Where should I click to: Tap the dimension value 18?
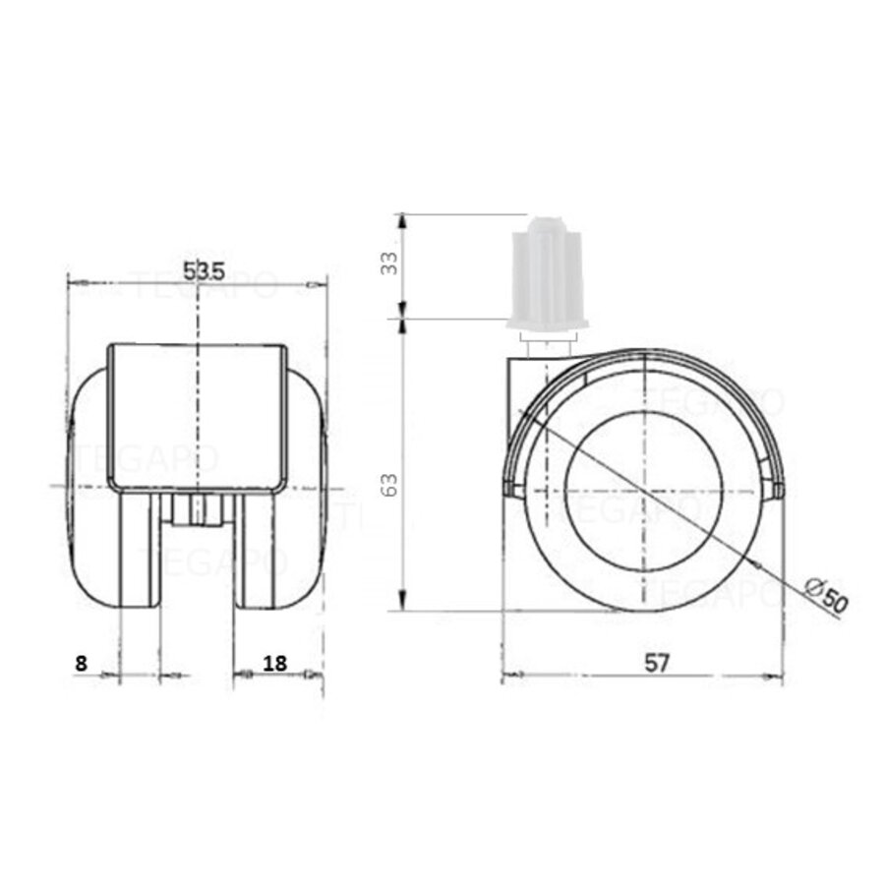275,663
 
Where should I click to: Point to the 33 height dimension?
390,263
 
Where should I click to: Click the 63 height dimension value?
390,484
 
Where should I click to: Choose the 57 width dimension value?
657,663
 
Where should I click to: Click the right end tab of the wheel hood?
777,489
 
